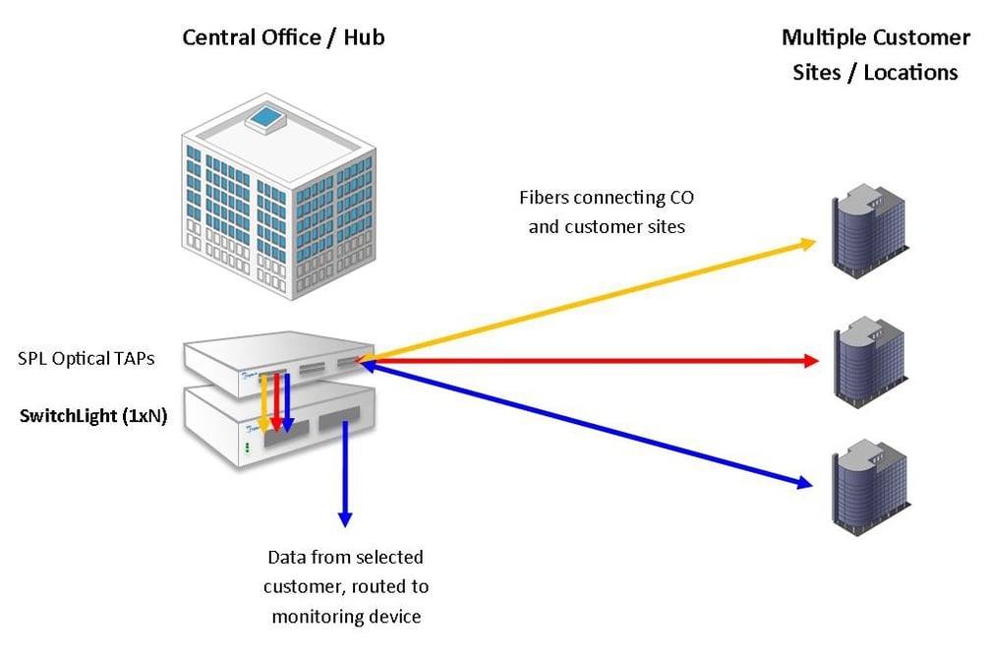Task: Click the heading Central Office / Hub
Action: tap(283, 38)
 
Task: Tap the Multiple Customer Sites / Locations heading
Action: tap(875, 54)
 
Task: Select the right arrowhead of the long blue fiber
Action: tap(805, 482)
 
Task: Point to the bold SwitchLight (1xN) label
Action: tap(93, 415)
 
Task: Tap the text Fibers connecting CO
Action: tap(606, 198)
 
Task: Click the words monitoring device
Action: tap(345, 617)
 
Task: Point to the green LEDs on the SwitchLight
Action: tap(248, 447)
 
